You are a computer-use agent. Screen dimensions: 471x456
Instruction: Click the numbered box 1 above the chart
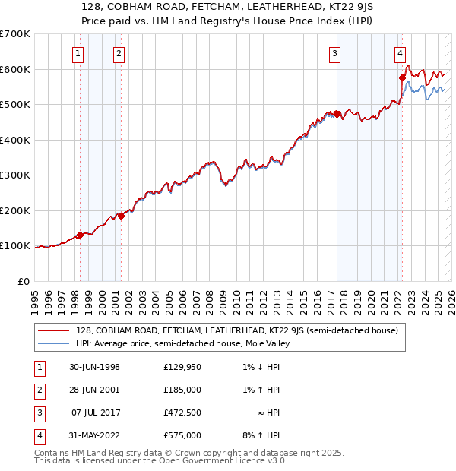coord(80,53)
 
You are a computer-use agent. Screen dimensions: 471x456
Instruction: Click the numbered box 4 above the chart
coord(401,53)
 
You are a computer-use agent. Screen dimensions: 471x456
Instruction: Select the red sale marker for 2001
coord(121,216)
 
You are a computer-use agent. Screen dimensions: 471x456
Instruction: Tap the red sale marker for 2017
coord(337,114)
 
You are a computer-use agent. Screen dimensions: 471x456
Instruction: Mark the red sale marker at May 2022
coord(403,77)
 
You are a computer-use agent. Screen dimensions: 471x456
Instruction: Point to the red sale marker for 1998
coord(80,235)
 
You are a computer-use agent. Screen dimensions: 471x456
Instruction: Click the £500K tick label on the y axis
coord(15,104)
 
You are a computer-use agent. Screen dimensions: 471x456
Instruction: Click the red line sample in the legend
coord(54,330)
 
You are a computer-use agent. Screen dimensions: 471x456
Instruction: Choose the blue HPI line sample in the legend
coord(54,343)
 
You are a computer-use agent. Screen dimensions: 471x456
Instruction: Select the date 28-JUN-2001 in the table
coord(94,390)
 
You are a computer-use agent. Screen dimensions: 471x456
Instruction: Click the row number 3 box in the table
coord(38,413)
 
